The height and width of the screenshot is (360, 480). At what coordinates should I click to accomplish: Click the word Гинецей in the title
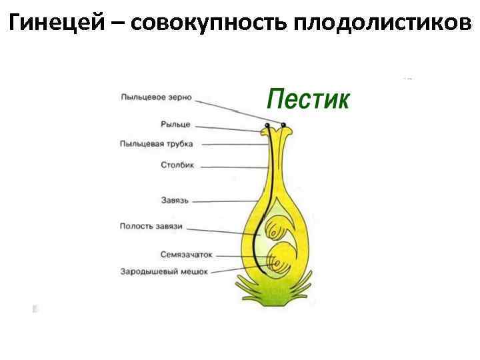[57, 24]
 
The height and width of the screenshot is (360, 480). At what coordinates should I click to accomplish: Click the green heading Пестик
[307, 100]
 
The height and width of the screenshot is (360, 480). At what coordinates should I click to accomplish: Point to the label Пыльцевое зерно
[156, 97]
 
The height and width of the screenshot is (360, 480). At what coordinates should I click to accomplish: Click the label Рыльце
[175, 124]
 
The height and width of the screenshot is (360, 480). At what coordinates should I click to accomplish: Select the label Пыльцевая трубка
[157, 143]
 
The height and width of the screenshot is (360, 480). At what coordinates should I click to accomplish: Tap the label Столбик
[177, 165]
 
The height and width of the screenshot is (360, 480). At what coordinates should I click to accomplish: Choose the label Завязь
[175, 200]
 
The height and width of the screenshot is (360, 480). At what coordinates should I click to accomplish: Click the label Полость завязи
[151, 226]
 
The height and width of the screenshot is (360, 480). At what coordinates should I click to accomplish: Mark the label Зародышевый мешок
[164, 271]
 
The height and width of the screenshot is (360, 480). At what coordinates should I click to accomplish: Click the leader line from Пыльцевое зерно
[233, 111]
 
